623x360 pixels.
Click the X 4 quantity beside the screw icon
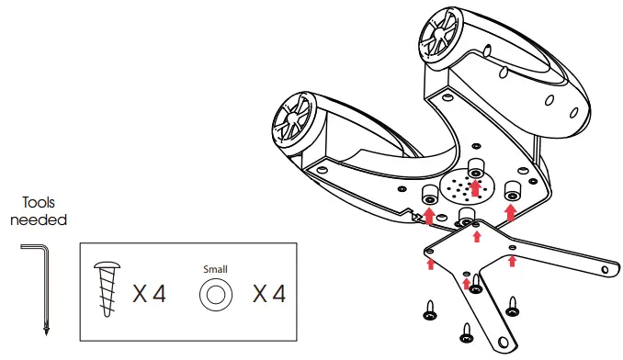tap(149, 294)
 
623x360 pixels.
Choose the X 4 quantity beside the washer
tap(269, 294)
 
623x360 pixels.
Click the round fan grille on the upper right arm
tap(438, 36)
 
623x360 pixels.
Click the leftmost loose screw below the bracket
tap(428, 314)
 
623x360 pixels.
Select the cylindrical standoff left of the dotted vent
tap(428, 196)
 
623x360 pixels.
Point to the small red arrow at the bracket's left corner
tap(431, 264)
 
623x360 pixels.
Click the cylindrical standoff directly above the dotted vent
tap(475, 167)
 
